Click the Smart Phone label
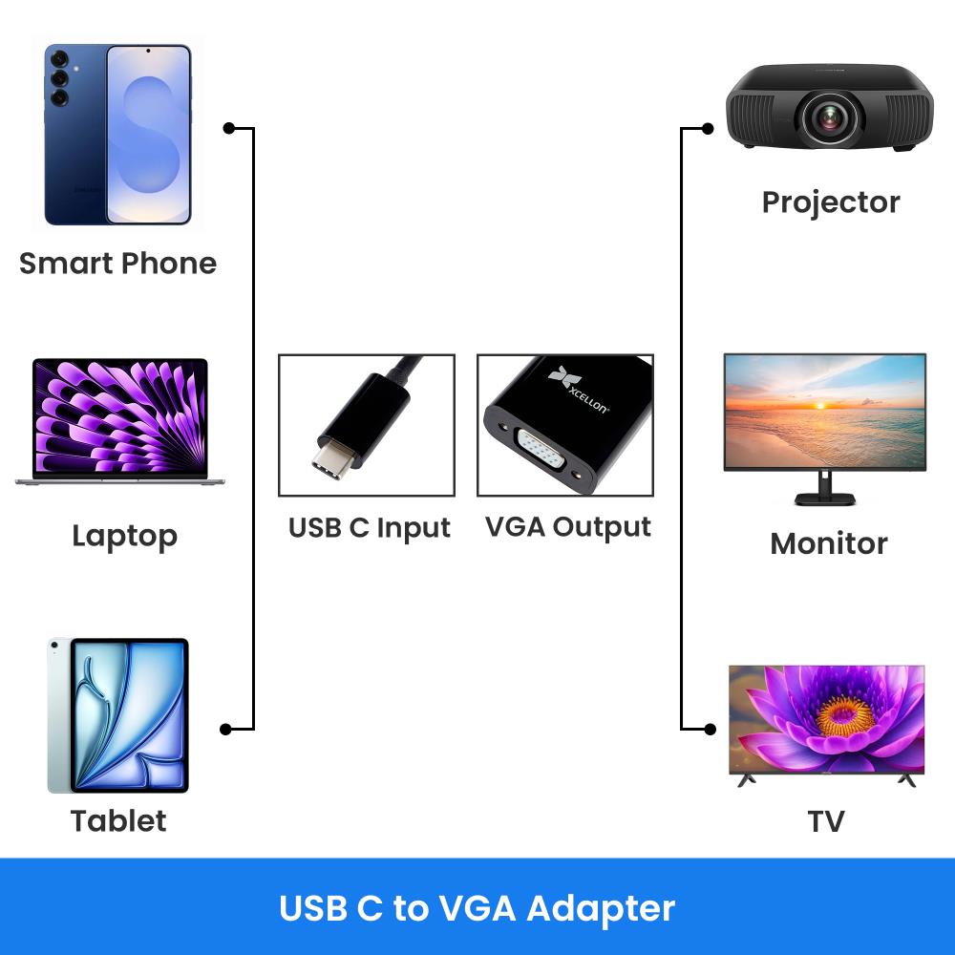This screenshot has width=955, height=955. pos(117,263)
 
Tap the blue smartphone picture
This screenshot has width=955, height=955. pos(118,134)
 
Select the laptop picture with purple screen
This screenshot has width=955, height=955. pos(121,421)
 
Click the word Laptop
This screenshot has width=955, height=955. pos(124,536)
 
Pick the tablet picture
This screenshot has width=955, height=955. pos(118,715)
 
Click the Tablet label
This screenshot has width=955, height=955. pos(118,820)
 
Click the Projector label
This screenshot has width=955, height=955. pos(830,202)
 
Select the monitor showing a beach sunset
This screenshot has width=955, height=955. pos(824,413)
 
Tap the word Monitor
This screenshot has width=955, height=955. pos(828,543)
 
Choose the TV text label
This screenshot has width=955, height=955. pos(825,820)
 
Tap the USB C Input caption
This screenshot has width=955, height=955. pos(369,527)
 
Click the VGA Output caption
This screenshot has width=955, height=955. pos(567,527)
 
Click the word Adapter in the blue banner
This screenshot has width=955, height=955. pos(601,907)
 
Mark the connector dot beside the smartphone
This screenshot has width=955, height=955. pos(228,128)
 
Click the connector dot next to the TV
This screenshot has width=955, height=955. pos(709,729)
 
